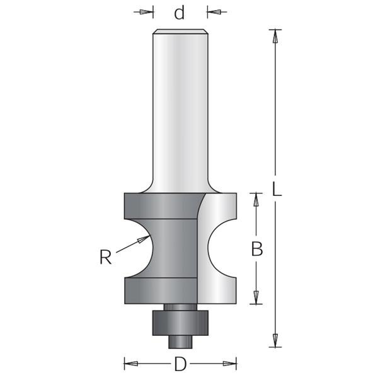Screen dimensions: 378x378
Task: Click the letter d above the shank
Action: click(x=180, y=13)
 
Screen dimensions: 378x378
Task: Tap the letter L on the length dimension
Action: click(x=277, y=189)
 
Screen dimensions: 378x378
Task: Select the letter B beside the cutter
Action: click(x=257, y=249)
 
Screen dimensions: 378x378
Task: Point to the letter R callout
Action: click(x=106, y=257)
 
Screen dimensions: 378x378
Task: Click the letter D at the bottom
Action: click(x=180, y=364)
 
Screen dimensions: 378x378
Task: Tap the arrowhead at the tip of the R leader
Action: click(x=143, y=239)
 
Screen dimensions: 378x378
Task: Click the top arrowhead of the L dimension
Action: click(x=275, y=37)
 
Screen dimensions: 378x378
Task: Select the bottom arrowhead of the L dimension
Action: click(x=275, y=340)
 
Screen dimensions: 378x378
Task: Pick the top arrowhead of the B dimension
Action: click(x=256, y=200)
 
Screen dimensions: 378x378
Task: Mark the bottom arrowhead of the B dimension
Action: click(x=256, y=297)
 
